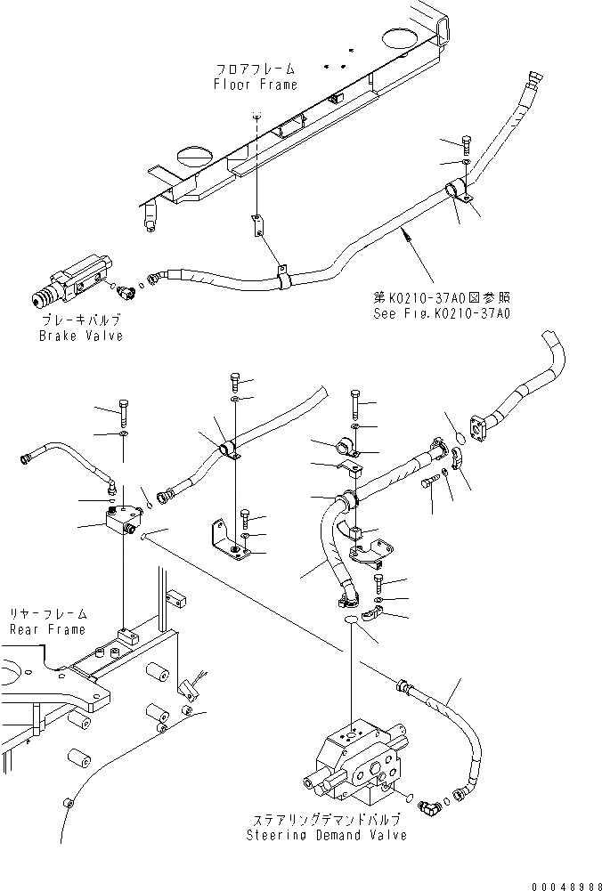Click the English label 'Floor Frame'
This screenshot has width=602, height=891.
[x=256, y=85]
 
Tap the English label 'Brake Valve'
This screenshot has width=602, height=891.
[x=80, y=336]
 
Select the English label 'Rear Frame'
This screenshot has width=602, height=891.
[x=47, y=629]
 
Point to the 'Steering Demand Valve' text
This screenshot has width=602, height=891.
[x=327, y=835]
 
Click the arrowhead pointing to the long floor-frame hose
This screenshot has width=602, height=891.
[x=406, y=234]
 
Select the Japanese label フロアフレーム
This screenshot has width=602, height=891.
[x=256, y=69]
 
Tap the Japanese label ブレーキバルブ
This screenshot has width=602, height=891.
[x=80, y=320]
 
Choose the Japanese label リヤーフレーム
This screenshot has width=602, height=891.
[x=48, y=614]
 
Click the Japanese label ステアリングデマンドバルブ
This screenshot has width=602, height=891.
[x=327, y=819]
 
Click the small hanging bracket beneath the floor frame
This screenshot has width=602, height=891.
[x=256, y=226]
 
